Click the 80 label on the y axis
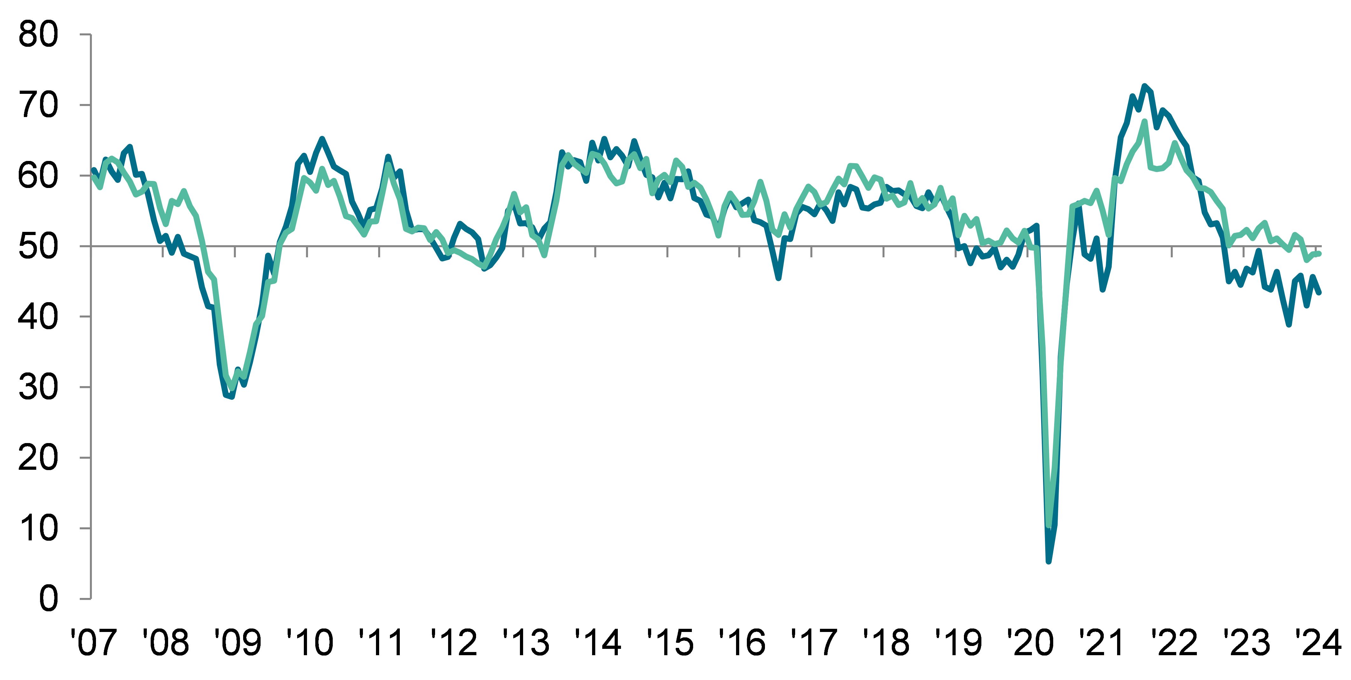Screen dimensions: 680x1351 [38, 36]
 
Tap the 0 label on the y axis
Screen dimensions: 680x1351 [48, 599]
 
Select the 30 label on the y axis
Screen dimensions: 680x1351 [38, 388]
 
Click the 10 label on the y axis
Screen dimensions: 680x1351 [38, 528]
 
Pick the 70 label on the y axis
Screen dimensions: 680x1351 [38, 106]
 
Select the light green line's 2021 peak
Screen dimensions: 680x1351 [1144, 122]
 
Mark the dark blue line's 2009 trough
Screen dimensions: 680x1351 [232, 397]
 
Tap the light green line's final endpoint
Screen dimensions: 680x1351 [1320, 253]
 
